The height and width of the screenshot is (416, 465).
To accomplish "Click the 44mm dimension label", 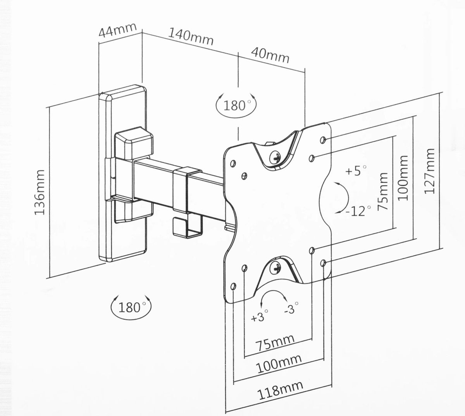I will (117, 30).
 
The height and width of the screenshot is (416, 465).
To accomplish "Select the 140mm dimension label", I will (191, 36).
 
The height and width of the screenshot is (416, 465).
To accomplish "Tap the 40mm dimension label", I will (270, 55).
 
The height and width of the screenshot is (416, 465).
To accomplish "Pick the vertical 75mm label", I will (383, 192).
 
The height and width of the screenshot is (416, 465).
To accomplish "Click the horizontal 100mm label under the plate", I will (279, 364).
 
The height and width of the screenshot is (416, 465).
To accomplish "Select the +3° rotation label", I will (259, 316).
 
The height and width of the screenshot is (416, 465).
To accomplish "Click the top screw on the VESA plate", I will (276, 157).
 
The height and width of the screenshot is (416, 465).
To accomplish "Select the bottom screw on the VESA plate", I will (276, 267).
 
